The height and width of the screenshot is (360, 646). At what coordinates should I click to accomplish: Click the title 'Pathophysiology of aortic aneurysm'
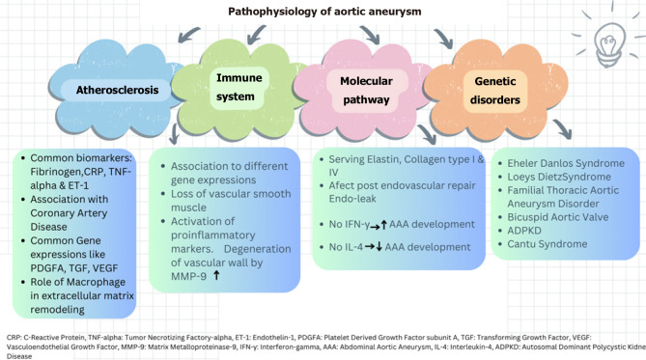pos(324,12)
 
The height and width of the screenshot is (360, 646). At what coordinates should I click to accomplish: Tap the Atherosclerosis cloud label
pos(117,90)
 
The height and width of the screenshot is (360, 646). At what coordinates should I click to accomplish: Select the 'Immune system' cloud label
pos(239,87)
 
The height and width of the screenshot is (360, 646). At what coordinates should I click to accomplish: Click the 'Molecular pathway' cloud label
pos(366,90)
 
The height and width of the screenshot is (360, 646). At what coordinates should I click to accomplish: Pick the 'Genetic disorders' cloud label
pos(495,90)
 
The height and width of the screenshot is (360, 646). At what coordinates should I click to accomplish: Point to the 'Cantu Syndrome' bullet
pos(547,244)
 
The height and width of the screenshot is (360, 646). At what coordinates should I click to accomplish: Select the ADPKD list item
pos(524,231)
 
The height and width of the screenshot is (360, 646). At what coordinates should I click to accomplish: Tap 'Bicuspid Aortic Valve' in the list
pos(557,217)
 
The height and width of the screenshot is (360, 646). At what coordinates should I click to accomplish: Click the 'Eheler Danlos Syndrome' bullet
pos(566,163)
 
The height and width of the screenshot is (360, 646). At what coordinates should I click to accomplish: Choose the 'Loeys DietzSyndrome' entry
pos(559,177)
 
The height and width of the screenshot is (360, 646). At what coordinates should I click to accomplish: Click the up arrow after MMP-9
pos(216,275)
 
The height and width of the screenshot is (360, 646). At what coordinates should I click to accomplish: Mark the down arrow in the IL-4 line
pos(379,247)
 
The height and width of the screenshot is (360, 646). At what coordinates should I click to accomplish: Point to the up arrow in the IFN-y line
pos(383,225)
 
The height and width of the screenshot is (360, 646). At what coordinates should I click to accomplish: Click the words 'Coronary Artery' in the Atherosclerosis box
pos(69,213)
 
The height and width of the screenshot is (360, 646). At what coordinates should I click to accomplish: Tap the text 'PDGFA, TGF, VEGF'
pos(74,268)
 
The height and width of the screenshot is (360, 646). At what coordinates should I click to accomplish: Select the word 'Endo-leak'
pos(352,199)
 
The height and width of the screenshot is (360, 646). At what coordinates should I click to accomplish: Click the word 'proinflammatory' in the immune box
pos(213,235)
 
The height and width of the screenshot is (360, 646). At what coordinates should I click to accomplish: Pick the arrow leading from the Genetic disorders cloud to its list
pos(563,128)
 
